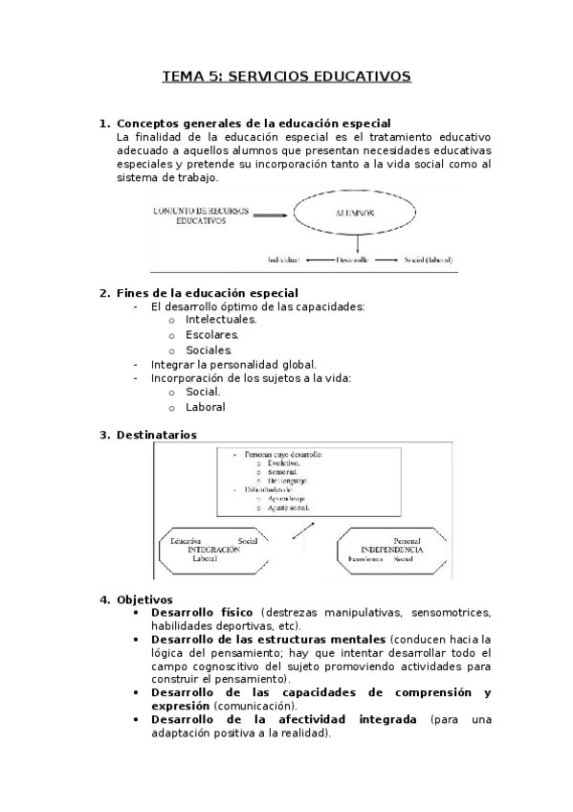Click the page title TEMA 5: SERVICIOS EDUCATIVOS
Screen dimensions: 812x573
point(286,76)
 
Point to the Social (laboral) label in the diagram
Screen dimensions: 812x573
point(428,259)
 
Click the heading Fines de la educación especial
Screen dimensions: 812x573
point(207,293)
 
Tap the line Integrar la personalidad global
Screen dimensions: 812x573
point(233,364)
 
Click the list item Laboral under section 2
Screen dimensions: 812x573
point(206,407)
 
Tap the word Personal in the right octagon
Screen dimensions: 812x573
point(407,540)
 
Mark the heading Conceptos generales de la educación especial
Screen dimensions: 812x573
point(253,123)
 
